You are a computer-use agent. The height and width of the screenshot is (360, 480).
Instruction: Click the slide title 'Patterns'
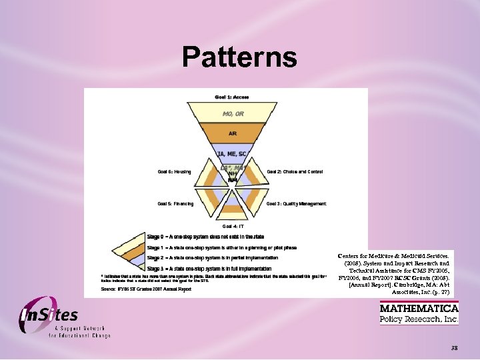click(x=239, y=57)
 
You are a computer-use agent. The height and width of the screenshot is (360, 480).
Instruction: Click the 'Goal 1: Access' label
click(x=232, y=97)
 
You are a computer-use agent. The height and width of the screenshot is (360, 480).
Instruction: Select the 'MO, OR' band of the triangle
click(x=233, y=114)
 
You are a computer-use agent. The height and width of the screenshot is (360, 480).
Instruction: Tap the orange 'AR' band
click(x=233, y=133)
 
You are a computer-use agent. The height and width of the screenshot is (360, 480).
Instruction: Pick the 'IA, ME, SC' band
click(x=233, y=155)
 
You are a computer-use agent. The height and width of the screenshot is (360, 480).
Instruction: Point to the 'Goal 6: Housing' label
click(x=174, y=172)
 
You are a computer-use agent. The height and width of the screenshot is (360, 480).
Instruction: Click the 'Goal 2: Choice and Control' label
click(x=295, y=172)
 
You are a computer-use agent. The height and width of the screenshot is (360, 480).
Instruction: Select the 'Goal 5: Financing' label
click(x=175, y=204)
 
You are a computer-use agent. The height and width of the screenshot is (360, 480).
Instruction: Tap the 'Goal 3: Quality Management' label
click(x=297, y=204)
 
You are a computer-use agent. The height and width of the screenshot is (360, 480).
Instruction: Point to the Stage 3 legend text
click(x=209, y=269)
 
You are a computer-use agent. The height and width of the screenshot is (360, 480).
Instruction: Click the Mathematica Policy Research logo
click(x=419, y=313)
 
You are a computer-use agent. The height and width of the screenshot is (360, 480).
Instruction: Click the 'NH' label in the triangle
click(x=233, y=173)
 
